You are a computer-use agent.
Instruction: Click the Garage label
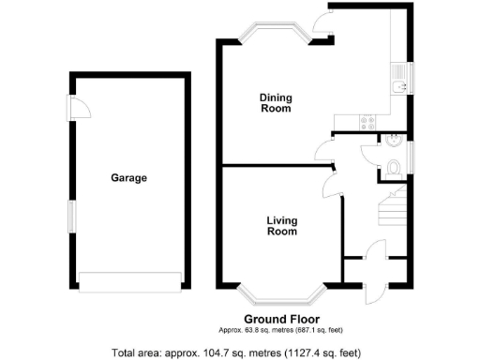pyautogui.click(x=129, y=177)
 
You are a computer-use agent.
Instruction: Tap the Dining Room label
pyautogui.click(x=275, y=102)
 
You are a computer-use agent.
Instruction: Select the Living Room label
pyautogui.click(x=281, y=226)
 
